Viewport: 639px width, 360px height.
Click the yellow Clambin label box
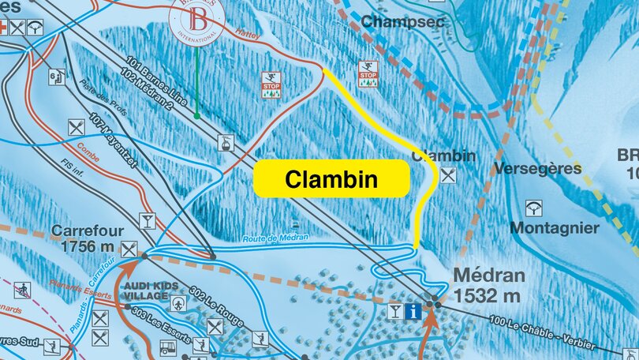tap(331, 180)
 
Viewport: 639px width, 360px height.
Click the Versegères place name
tap(537, 168)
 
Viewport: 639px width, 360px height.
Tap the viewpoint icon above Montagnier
tap(534, 208)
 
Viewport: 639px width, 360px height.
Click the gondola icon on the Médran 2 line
tap(226, 143)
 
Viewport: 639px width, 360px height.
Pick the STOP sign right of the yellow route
tap(368, 74)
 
